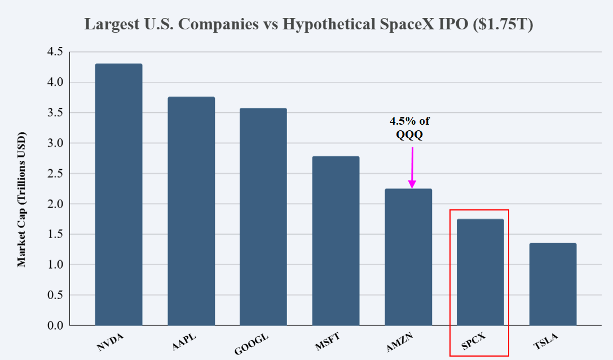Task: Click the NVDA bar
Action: click(x=118, y=195)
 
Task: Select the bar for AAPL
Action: click(x=191, y=211)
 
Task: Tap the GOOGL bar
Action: click(x=263, y=217)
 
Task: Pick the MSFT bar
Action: click(x=336, y=241)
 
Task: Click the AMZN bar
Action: click(x=408, y=257)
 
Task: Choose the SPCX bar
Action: click(x=480, y=272)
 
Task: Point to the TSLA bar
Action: click(x=553, y=284)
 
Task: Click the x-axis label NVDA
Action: click(x=110, y=343)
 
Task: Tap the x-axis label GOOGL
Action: click(x=252, y=345)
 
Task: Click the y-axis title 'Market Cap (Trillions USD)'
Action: click(x=21, y=200)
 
